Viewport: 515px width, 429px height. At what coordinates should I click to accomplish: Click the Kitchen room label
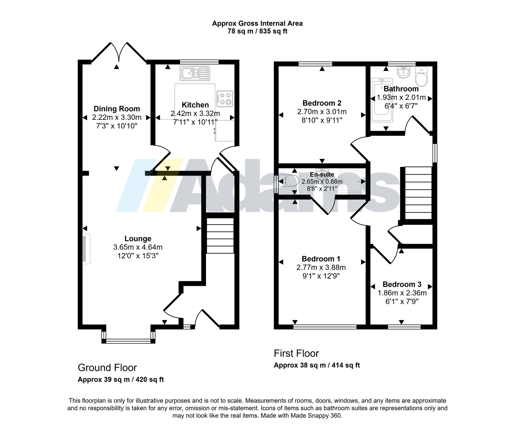(195, 105)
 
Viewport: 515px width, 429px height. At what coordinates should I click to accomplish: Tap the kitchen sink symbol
(195, 73)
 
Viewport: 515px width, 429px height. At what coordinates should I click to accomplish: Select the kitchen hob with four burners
(225, 99)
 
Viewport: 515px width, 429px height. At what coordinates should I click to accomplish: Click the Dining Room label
(117, 109)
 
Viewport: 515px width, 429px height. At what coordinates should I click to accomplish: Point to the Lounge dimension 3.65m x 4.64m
(138, 247)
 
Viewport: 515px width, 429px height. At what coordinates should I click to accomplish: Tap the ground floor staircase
(220, 235)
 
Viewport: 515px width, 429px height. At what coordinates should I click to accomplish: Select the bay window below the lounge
(128, 336)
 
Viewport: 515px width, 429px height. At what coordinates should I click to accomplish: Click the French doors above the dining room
(119, 52)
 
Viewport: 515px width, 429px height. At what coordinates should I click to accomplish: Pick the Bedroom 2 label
(322, 103)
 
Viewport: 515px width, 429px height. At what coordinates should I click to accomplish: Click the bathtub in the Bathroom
(382, 100)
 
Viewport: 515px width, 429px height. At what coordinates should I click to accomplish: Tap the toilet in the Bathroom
(421, 76)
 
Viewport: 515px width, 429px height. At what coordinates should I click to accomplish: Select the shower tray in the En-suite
(351, 182)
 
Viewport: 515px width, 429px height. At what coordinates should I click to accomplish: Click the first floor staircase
(418, 193)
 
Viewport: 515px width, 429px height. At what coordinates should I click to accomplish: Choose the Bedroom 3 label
(402, 284)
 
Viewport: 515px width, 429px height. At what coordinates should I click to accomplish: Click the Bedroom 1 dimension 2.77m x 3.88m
(321, 267)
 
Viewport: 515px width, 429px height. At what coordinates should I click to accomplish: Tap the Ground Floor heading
(107, 368)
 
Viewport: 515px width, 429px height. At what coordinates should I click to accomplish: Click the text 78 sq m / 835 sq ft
(257, 31)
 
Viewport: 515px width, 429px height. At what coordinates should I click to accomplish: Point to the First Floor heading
(296, 353)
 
